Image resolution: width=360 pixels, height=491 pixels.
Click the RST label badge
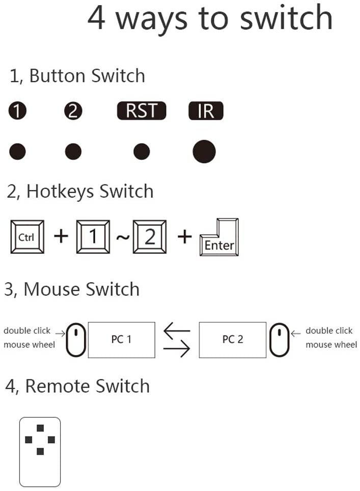142,111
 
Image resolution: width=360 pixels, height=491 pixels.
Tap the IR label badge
206,111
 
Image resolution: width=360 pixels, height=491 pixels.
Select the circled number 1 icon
17,111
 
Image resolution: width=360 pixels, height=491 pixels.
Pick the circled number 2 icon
73,111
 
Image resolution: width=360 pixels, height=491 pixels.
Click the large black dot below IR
204,151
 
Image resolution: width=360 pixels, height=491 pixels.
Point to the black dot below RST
142,151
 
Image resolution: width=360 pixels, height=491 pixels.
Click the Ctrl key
27,237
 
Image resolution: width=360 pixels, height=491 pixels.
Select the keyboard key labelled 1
93,237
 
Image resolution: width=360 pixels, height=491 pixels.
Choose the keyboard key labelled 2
150,237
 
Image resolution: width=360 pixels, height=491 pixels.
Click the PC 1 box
122,339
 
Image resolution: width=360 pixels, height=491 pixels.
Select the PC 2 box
232,339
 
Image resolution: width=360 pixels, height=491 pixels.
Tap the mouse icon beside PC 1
76,339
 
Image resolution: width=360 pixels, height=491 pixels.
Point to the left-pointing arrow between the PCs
176,331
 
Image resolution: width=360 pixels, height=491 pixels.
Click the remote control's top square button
40,428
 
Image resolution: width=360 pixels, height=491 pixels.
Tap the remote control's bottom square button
40,451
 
